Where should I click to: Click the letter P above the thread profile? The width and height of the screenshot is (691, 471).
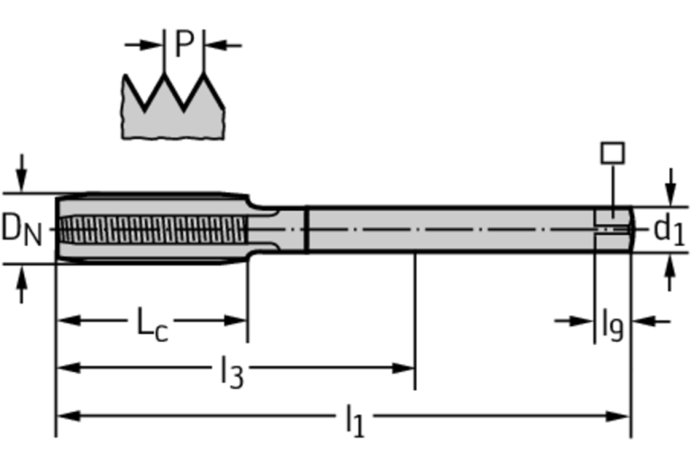(184, 43)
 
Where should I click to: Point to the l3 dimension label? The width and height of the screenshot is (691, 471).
(232, 370)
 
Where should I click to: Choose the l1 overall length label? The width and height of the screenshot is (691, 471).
(354, 419)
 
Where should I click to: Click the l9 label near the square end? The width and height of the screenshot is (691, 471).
(612, 322)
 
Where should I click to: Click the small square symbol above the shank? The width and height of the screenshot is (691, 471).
(613, 153)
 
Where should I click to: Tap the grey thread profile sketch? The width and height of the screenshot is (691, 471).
(172, 108)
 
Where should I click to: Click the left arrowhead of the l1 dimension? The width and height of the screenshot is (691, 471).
(65, 416)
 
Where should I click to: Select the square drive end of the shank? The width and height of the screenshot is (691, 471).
(613, 229)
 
